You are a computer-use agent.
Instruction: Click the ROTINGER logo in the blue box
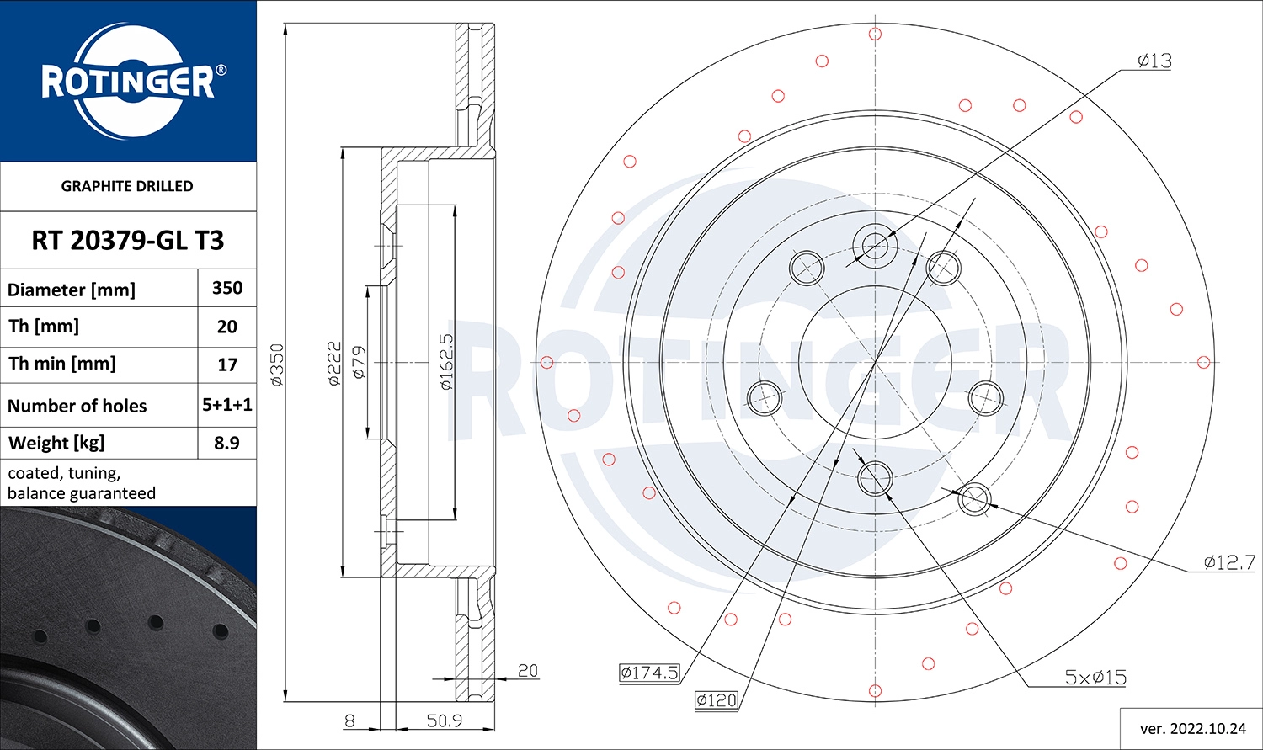tap(129, 81)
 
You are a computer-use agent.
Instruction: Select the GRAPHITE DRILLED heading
tap(127, 186)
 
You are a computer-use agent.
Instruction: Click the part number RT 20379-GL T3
tap(127, 241)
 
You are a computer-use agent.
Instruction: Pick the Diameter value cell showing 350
tap(227, 288)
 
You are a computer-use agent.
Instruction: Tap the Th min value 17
tap(227, 365)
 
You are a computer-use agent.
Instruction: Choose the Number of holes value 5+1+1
tap(227, 405)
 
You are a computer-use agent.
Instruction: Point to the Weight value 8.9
tap(227, 443)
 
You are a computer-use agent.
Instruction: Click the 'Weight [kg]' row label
tap(56, 443)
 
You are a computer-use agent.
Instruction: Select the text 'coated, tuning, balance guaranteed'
tap(82, 483)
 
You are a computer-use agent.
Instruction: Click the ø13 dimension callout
tap(1154, 61)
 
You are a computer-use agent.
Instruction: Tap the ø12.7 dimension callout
tap(1229, 562)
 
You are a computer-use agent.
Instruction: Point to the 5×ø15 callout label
tap(1095, 677)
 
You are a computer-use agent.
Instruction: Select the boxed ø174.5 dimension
tap(649, 672)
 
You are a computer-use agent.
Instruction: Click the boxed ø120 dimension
tap(716, 699)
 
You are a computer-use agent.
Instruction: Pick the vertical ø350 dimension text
tap(277, 364)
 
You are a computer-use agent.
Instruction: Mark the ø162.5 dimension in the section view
tap(446, 361)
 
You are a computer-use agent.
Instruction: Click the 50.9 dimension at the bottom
tap(445, 721)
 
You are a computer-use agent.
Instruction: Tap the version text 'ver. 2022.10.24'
tap(1192, 728)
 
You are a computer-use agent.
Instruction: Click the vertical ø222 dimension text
tap(334, 364)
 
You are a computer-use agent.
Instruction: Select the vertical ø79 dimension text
tap(359, 362)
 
